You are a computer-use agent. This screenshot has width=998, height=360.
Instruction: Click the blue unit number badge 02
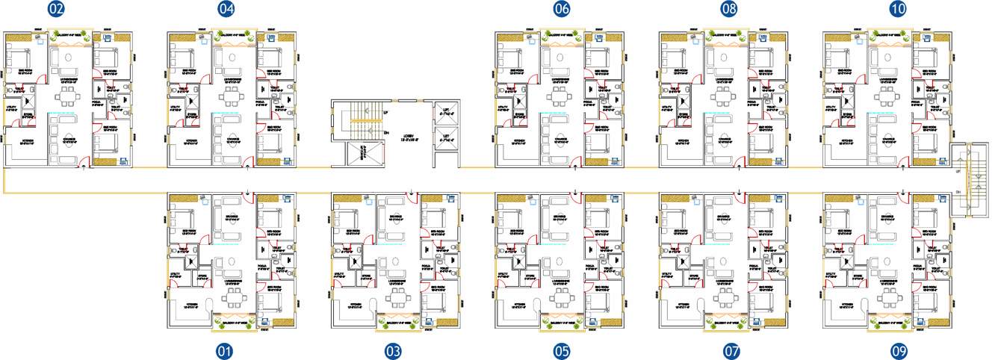point(56,10)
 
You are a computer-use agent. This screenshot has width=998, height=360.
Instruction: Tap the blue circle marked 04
point(226,10)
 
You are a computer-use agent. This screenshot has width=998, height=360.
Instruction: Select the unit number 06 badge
point(562,10)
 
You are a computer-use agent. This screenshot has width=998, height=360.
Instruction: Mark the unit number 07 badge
point(731,350)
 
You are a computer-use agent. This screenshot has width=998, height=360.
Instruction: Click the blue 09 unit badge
point(899,350)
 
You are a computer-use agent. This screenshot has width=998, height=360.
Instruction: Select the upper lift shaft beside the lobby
point(447,111)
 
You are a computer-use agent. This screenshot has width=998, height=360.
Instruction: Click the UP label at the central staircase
point(385,113)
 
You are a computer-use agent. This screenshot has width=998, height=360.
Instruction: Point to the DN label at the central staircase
point(385,134)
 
